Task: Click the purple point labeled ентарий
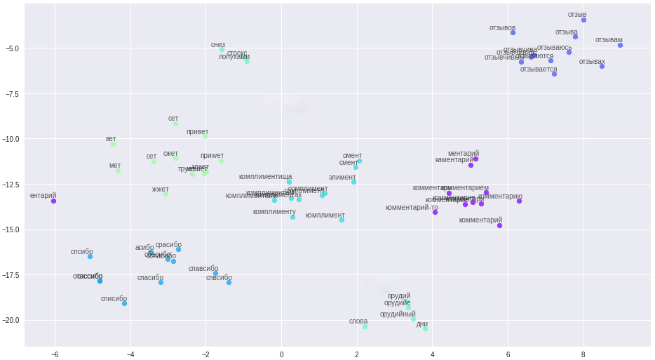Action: click(x=53, y=201)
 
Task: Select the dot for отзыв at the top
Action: click(x=583, y=20)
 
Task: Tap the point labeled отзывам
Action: click(x=620, y=46)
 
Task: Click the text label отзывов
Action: click(x=502, y=28)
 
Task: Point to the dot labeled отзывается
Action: click(x=554, y=74)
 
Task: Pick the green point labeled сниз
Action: click(x=222, y=49)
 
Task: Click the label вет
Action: click(x=111, y=139)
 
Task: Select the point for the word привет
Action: click(x=205, y=136)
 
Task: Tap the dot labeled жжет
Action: click(x=166, y=194)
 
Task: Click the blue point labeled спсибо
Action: click(x=90, y=256)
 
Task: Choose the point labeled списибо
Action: click(x=124, y=303)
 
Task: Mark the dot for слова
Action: click(x=365, y=326)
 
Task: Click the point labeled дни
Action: click(x=425, y=328)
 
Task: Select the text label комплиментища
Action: click(x=265, y=177)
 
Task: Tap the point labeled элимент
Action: click(x=353, y=182)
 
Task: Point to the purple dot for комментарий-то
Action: click(x=435, y=212)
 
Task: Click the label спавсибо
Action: click(x=203, y=269)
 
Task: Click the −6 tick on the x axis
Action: click(x=55, y=354)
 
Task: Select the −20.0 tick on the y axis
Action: click(x=11, y=320)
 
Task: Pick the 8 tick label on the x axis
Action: click(x=583, y=354)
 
